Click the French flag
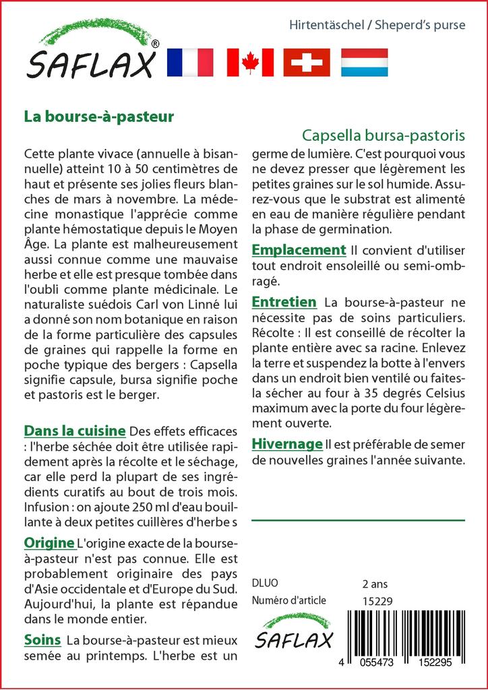[189, 63]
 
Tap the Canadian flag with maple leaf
[249, 63]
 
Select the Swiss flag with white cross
[307, 63]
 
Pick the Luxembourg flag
[364, 63]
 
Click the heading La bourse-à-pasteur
[99, 116]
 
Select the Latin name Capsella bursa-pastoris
[383, 134]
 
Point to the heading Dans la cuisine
[75, 431]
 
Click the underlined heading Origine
[49, 542]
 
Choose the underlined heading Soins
[42, 639]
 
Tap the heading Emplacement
[299, 250]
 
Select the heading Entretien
[284, 302]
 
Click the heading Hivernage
[286, 444]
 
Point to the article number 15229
[377, 601]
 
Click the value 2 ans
[375, 584]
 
